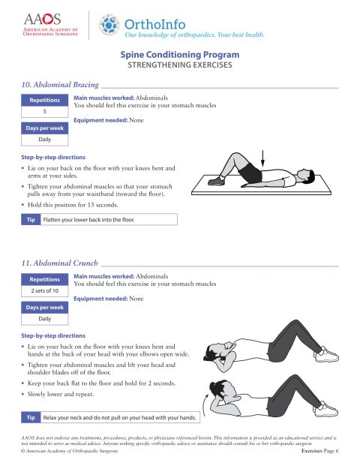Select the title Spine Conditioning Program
tap(180, 56)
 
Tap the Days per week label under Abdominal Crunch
tap(44, 307)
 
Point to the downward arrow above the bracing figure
tap(264, 160)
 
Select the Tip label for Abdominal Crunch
tap(29, 416)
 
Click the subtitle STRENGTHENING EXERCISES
tap(180, 66)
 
